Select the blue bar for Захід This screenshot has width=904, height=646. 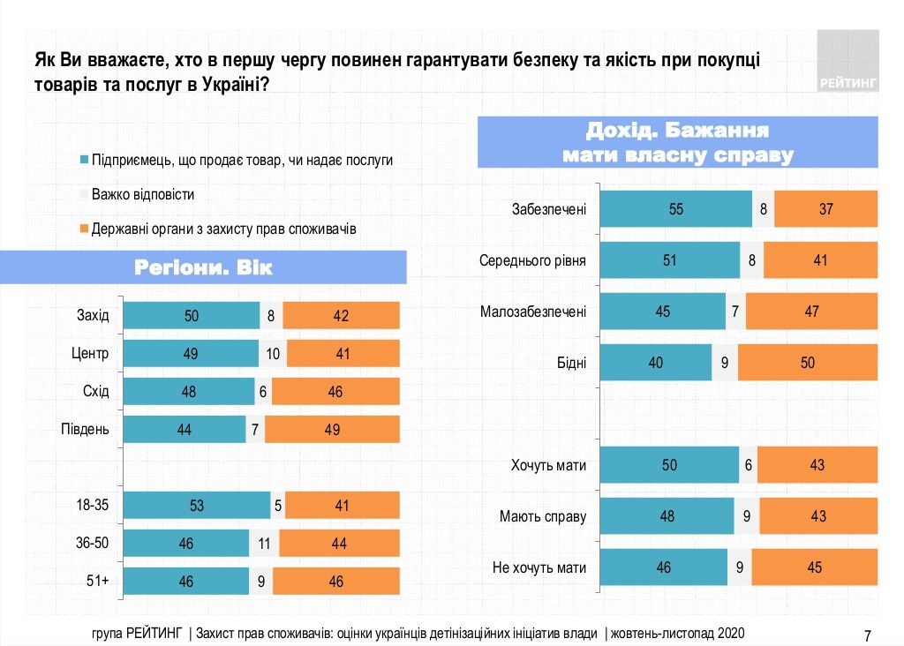(x=191, y=316)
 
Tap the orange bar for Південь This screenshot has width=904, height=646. (x=332, y=430)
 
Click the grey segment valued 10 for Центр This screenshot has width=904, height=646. (x=273, y=354)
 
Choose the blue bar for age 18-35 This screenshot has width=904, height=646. (x=196, y=506)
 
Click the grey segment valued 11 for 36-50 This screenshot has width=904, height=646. (x=266, y=544)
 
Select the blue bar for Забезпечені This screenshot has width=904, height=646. (x=675, y=210)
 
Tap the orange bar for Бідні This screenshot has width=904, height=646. (x=808, y=363)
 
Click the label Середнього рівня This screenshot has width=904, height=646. (x=532, y=261)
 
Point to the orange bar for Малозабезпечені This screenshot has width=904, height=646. (x=811, y=312)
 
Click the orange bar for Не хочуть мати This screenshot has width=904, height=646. (x=814, y=567)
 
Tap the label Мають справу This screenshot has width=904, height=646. (x=543, y=516)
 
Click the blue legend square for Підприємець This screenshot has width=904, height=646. (x=84, y=161)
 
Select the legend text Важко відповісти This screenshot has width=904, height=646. (x=143, y=194)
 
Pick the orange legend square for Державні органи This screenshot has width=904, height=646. (x=84, y=229)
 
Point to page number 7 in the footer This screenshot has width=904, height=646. (x=867, y=635)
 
